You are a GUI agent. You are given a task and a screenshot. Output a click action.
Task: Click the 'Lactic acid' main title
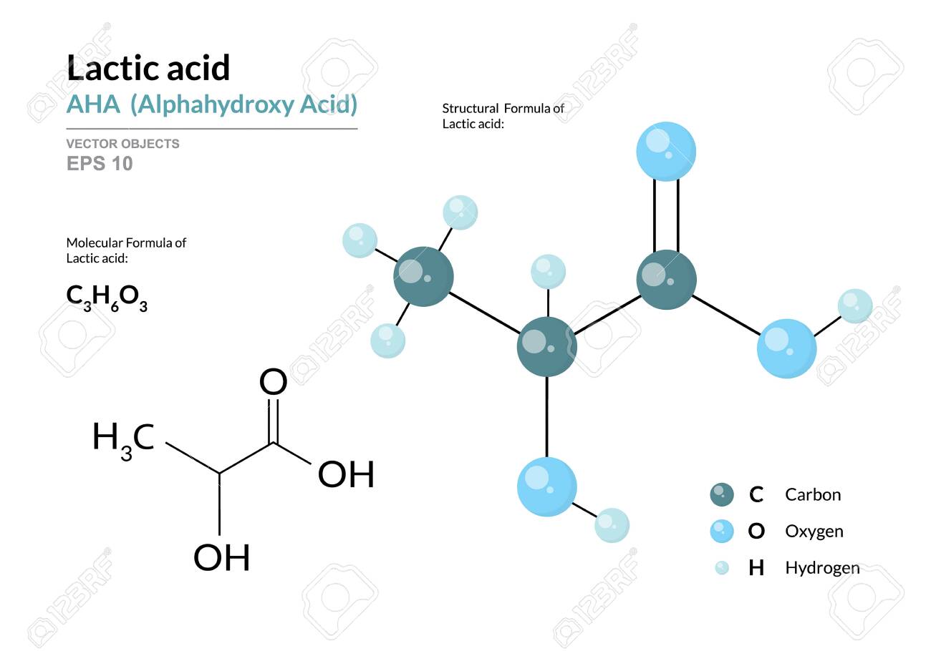point(148,69)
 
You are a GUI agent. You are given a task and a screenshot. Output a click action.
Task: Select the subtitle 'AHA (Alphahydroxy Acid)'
point(211,105)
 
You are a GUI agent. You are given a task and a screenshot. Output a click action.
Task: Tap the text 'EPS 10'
point(100,164)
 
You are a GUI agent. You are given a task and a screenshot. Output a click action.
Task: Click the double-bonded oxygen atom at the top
point(666,151)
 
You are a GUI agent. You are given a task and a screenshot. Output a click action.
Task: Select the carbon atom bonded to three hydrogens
point(423,277)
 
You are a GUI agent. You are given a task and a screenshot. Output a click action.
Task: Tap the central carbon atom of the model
point(546,348)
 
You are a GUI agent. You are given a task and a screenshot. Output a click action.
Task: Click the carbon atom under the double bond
point(666,278)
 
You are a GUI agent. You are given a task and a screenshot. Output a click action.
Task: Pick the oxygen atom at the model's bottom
point(546,486)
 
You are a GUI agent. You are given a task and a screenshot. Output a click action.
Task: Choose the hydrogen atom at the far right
point(855,306)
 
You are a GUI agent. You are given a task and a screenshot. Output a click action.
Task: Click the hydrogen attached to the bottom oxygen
point(612,525)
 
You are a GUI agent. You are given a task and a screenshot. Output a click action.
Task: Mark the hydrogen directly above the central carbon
point(548,272)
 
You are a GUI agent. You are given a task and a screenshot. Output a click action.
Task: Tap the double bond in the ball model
point(666,215)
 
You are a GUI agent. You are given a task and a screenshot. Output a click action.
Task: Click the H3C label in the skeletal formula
point(123,438)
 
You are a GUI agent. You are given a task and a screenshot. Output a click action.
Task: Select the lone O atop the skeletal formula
point(273,383)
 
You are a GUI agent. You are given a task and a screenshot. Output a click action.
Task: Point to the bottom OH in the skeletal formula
point(222,558)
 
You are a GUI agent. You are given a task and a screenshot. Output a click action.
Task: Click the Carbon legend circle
point(722,494)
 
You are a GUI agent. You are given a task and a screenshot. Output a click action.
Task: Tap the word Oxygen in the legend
point(814,532)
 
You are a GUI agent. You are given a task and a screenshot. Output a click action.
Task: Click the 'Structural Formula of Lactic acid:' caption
point(503,116)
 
